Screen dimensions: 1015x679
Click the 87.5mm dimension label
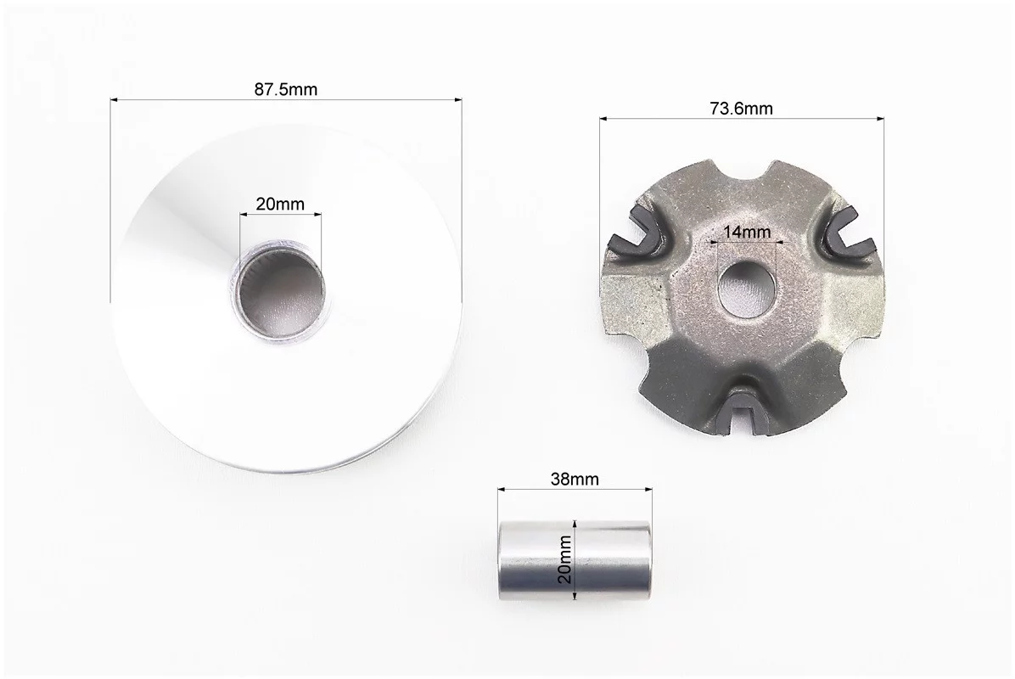click(x=285, y=89)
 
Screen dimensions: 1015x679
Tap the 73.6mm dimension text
click(x=741, y=108)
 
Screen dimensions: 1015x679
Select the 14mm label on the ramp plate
click(x=747, y=232)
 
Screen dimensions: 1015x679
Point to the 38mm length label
click(x=575, y=479)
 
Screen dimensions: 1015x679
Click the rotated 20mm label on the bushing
click(x=565, y=558)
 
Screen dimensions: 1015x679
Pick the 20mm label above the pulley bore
click(x=280, y=204)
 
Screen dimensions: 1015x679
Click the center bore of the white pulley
click(x=278, y=288)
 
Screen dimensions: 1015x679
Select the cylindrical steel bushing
click(x=575, y=560)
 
